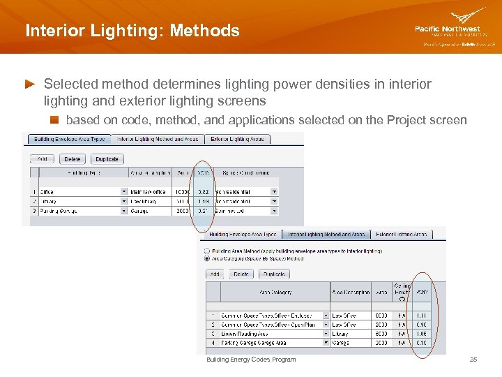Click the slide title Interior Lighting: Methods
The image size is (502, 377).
click(x=132, y=31)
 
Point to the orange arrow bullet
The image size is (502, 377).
click(x=29, y=84)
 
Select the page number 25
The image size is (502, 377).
click(x=473, y=360)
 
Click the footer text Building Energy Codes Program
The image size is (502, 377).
click(x=251, y=360)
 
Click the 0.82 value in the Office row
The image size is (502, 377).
click(x=203, y=191)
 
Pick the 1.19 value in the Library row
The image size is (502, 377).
click(x=203, y=200)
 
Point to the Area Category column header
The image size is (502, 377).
click(x=275, y=293)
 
